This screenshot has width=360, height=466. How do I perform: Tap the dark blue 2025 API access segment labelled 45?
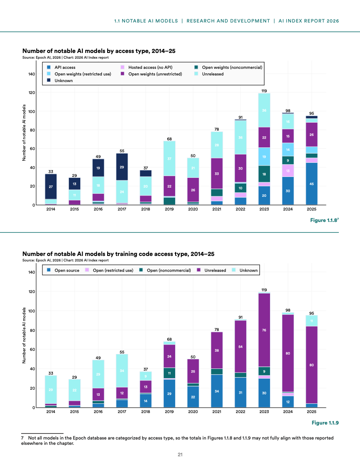click(x=311, y=184)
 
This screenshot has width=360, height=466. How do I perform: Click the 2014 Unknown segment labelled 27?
click(x=50, y=187)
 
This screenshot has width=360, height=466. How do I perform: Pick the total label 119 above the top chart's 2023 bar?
click(x=264, y=90)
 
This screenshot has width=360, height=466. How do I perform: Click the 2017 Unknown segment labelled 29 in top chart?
click(x=121, y=167)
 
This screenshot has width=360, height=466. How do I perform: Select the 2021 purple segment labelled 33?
click(x=216, y=173)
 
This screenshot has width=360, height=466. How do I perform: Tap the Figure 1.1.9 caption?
click(x=325, y=423)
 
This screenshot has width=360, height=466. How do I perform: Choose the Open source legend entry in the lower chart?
click(x=64, y=270)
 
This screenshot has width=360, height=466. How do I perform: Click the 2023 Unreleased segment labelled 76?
click(x=264, y=330)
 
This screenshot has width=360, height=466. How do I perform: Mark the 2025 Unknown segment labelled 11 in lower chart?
click(x=311, y=321)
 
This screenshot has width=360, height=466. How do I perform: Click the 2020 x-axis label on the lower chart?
click(x=193, y=412)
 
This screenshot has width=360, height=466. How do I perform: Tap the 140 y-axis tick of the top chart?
click(x=32, y=74)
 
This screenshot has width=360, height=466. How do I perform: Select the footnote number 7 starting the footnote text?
click(x=22, y=438)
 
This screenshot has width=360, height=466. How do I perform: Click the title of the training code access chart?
click(x=118, y=254)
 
